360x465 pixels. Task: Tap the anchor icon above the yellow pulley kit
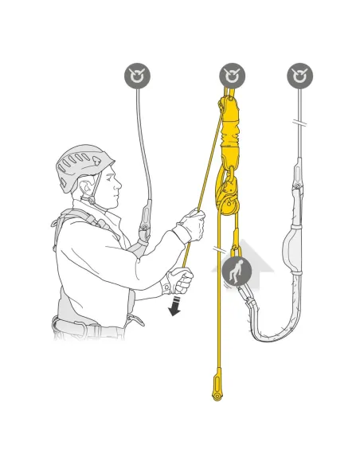point(232,76)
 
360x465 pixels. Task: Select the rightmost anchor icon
point(299,76)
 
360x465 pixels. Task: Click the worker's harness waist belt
point(88,324)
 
